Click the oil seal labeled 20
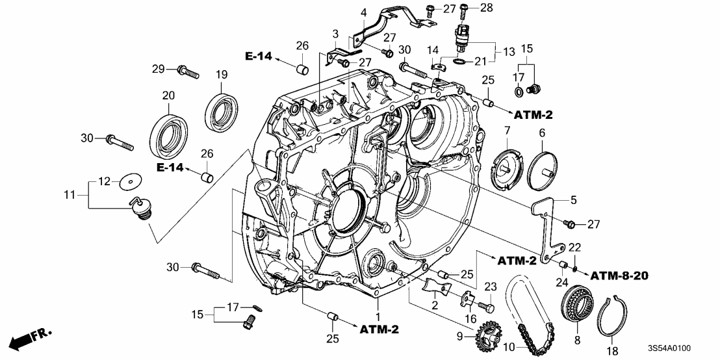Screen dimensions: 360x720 coord(170,136)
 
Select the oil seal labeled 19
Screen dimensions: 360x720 coord(221,110)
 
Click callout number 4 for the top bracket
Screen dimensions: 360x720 coord(363,12)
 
